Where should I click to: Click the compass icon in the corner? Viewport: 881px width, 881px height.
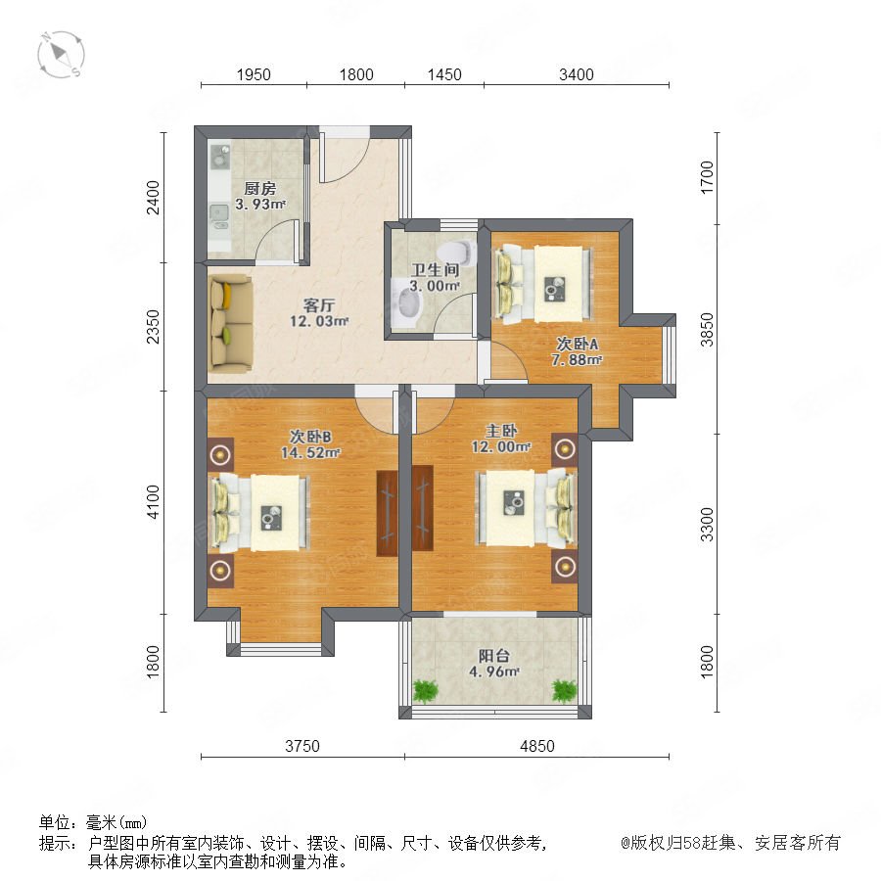tap(62, 55)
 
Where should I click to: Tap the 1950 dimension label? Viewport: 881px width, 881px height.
tap(254, 74)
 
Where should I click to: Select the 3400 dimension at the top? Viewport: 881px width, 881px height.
tap(577, 74)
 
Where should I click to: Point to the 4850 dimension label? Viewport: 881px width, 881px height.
tap(537, 746)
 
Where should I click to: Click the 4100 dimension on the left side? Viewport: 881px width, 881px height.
tap(153, 502)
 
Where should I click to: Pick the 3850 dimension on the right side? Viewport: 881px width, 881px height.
tap(707, 329)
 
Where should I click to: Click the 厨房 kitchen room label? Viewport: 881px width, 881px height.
tap(260, 188)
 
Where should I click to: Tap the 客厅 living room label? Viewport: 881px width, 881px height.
tap(318, 305)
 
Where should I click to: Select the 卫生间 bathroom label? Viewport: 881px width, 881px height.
tap(435, 270)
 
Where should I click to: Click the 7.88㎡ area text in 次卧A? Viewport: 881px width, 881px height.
tap(577, 359)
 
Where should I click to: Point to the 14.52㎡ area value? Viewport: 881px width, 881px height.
tap(310, 452)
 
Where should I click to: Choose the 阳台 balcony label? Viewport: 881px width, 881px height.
tap(494, 655)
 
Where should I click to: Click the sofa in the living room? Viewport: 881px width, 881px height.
tap(230, 323)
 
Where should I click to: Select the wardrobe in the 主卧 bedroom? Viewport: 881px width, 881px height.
tap(423, 507)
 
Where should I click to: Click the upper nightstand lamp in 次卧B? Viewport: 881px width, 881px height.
tap(220, 453)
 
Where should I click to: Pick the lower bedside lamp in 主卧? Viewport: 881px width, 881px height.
tap(564, 567)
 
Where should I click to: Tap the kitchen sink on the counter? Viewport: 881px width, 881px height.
tap(219, 216)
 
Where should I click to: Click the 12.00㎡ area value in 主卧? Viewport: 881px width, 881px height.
tap(501, 446)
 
